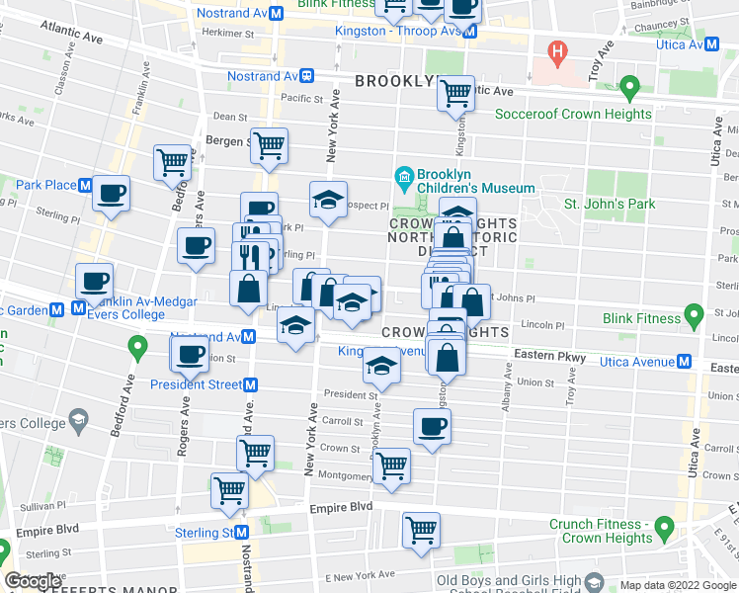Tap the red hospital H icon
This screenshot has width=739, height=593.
pyautogui.click(x=557, y=50)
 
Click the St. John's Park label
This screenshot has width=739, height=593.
pyautogui.click(x=610, y=205)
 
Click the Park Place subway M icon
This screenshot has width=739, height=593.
pyautogui.click(x=86, y=185)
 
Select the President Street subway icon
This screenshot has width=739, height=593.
pyautogui.click(x=251, y=384)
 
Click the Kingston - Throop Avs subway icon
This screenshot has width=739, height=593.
pyautogui.click(x=471, y=32)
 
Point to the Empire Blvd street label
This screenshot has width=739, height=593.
pyautogui.click(x=341, y=507)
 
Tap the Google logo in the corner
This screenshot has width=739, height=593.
pyautogui.click(x=34, y=580)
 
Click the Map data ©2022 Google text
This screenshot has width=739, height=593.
pyautogui.click(x=677, y=585)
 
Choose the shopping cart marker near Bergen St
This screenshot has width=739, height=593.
pyautogui.click(x=269, y=145)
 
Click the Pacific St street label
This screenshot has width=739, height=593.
pyautogui.click(x=302, y=99)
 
